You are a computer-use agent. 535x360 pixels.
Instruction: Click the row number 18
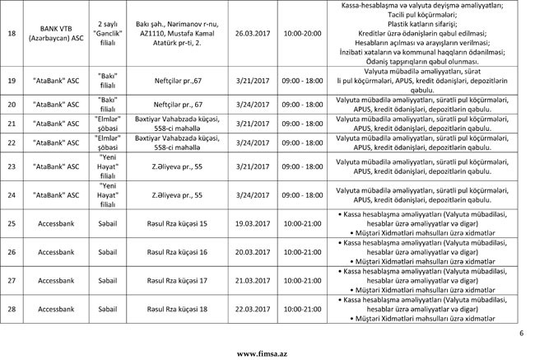click(x=12, y=34)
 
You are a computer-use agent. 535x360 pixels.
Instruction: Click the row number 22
click(x=12, y=143)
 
